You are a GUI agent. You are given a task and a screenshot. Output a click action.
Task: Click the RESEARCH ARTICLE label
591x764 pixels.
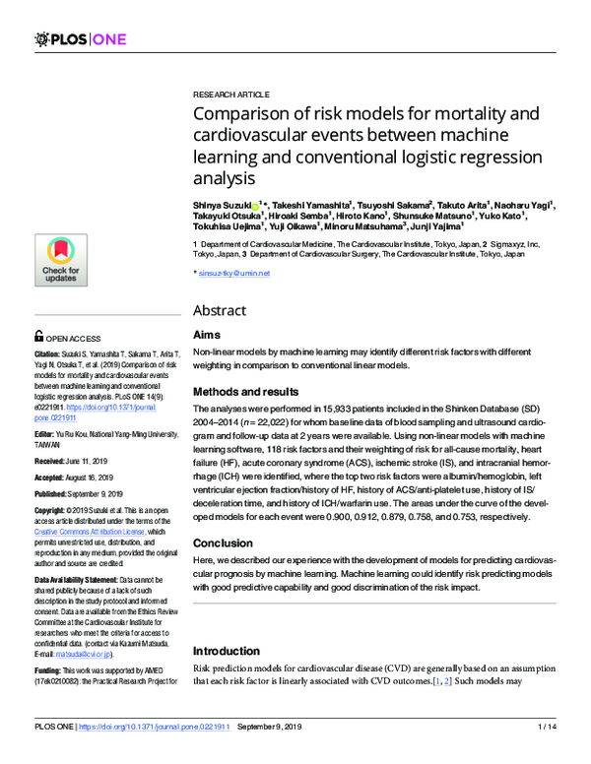(227, 88)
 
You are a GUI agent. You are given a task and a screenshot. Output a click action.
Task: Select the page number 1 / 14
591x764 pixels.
(547, 754)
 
